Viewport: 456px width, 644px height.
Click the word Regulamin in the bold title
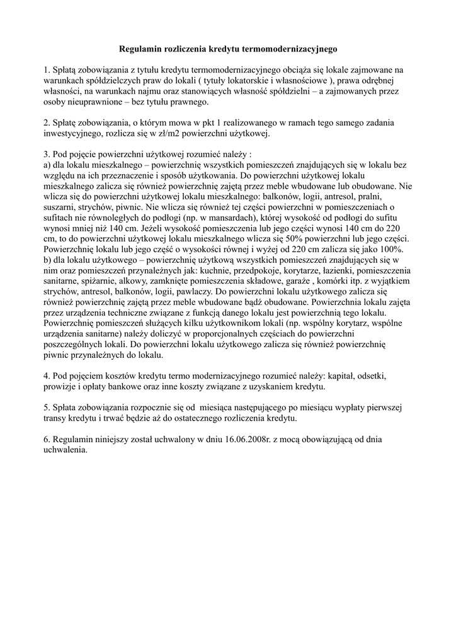pyautogui.click(x=140, y=48)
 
